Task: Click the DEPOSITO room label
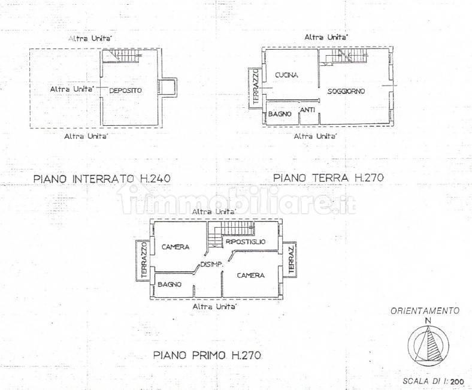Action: tap(125, 90)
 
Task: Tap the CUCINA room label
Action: tap(286, 75)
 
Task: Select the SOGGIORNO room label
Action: tap(346, 91)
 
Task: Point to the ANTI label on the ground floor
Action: tap(308, 110)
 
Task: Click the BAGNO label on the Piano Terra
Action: tap(280, 114)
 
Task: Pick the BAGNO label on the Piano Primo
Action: tap(170, 285)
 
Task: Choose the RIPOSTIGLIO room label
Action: tap(246, 241)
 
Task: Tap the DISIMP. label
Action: tap(211, 265)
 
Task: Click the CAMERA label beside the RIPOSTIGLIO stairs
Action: tap(176, 247)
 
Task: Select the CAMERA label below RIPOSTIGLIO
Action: tap(251, 275)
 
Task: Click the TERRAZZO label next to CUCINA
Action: tap(256, 86)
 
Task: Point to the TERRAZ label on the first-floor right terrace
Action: tap(291, 260)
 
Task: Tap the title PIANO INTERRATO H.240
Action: tap(102, 179)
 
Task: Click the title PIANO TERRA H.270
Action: tap(328, 178)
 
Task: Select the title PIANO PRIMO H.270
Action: tap(207, 355)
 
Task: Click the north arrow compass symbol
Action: tap(428, 343)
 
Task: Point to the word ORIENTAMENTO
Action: tap(425, 311)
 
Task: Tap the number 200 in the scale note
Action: tap(458, 381)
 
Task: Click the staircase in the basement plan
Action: tap(122, 56)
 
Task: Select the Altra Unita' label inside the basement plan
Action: tap(72, 89)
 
